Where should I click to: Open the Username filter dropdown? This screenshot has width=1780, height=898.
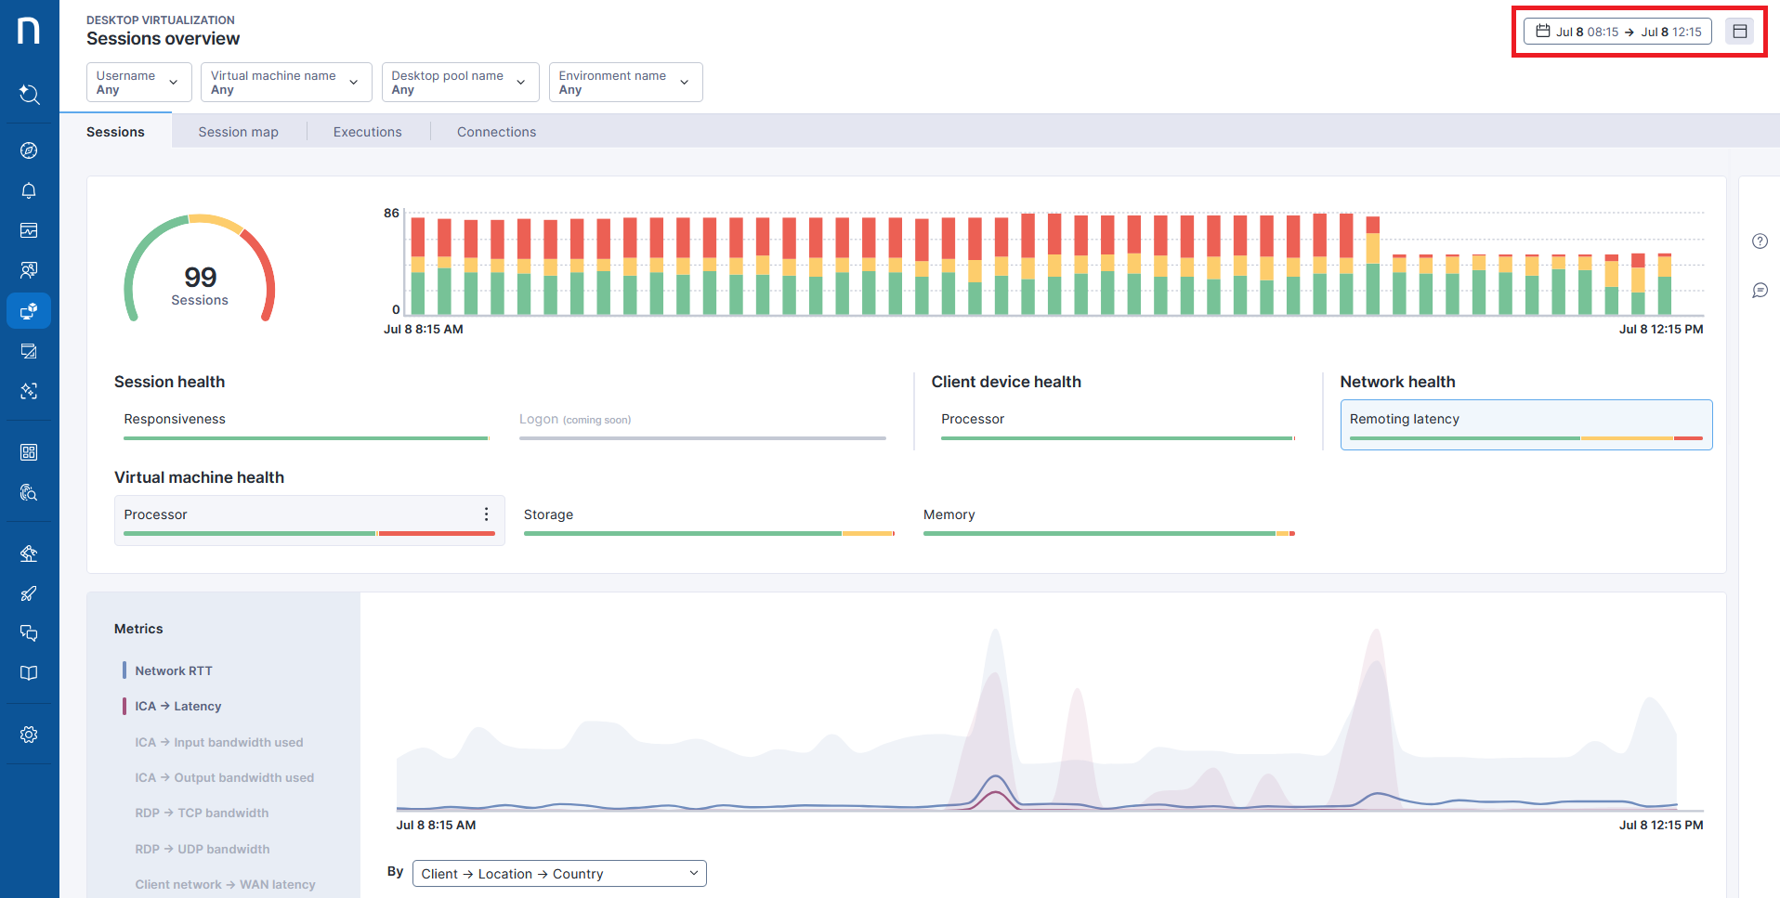point(138,83)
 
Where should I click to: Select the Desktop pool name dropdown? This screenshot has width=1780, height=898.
point(459,83)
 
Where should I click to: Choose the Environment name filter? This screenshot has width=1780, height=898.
point(624,83)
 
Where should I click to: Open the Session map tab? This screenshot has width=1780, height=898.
point(238,132)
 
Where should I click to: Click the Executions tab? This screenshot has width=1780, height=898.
point(367,132)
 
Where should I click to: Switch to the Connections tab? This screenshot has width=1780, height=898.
point(496,132)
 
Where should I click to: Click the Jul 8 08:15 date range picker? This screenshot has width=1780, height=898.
point(1617,32)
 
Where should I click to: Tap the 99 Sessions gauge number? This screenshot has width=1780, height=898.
point(200,278)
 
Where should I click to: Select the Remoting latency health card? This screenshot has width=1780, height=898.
point(1525,424)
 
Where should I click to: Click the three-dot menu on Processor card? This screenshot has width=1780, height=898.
point(486,514)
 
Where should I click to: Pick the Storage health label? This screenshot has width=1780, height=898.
point(548,514)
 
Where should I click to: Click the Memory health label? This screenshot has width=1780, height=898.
point(949,514)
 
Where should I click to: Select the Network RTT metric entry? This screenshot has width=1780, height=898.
point(174,670)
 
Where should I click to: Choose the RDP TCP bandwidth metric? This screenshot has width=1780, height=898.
point(202,813)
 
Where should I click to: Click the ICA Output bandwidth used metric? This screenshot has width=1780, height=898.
point(224,777)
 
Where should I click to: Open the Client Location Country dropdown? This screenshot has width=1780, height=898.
point(558,874)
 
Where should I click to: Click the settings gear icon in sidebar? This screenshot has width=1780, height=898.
point(29,735)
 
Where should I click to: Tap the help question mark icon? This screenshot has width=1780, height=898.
point(1760,241)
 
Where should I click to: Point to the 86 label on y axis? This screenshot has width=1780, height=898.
point(391,214)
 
